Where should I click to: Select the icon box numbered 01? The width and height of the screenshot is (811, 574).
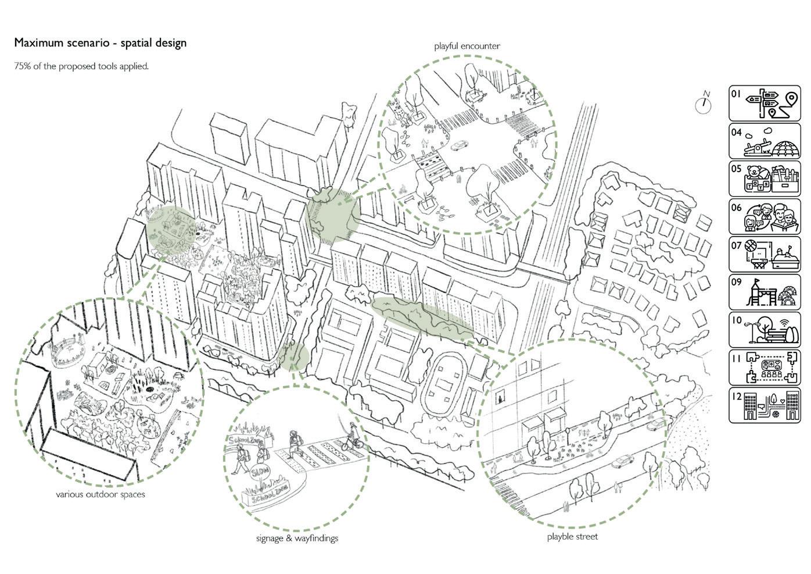click(764, 103)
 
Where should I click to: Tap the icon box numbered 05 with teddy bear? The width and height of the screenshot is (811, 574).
click(764, 179)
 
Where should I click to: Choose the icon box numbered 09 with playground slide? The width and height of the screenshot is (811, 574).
click(764, 293)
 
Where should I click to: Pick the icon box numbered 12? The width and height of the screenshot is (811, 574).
click(764, 405)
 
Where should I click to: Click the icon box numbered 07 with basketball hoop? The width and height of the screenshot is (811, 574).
click(764, 255)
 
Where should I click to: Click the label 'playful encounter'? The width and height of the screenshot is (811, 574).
click(466, 46)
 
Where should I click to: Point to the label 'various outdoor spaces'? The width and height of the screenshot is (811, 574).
click(101, 495)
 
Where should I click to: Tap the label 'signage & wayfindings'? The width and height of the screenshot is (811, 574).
click(297, 538)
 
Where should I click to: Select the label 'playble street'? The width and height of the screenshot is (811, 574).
click(572, 536)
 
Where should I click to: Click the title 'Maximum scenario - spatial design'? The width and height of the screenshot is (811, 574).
click(100, 42)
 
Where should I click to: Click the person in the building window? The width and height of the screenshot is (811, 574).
click(500, 399)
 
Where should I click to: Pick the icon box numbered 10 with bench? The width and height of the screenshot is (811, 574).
click(764, 330)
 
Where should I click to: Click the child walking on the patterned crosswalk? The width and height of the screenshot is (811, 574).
click(295, 443)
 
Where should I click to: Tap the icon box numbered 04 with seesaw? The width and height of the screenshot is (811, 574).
click(764, 141)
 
